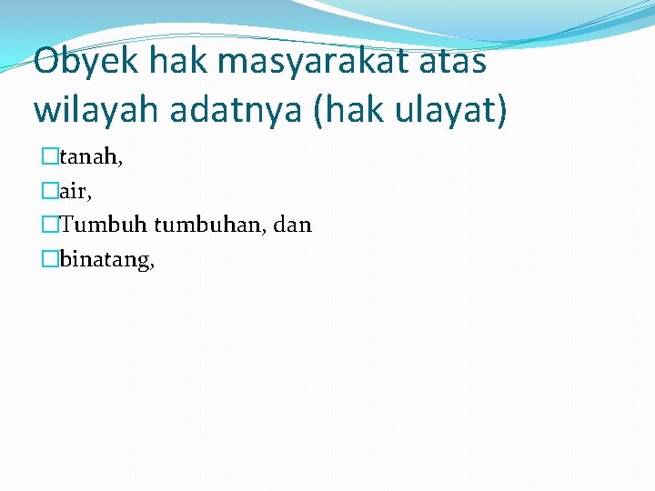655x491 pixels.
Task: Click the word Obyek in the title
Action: (x=86, y=61)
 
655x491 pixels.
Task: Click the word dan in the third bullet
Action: (x=291, y=225)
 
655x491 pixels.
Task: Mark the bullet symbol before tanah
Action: (x=49, y=158)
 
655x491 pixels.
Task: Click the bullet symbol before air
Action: (x=49, y=192)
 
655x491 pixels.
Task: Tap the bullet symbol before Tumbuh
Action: (x=49, y=225)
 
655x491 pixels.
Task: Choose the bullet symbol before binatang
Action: (x=49, y=260)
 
